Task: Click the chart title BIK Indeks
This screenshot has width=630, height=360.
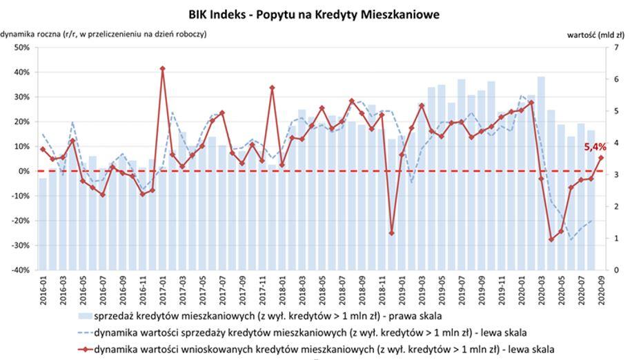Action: tap(314, 14)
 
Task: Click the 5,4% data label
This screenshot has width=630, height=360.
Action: tap(595, 146)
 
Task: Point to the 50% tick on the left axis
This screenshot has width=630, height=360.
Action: tap(21, 48)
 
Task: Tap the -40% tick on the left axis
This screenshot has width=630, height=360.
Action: tap(19, 270)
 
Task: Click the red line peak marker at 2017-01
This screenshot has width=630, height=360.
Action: tap(162, 69)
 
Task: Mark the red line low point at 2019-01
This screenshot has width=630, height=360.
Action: tap(392, 233)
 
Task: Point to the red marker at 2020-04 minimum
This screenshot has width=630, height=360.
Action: tap(551, 239)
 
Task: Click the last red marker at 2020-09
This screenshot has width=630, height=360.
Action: tap(601, 158)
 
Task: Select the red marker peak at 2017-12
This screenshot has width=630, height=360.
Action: tap(272, 88)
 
